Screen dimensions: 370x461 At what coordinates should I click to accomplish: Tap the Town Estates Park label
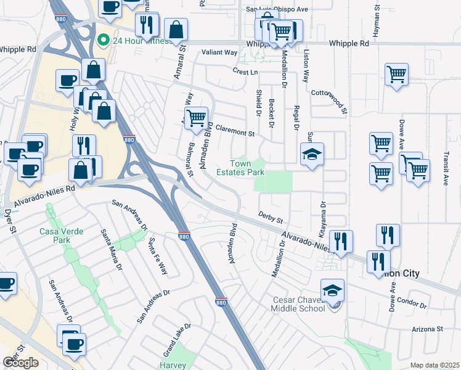[x=240, y=168]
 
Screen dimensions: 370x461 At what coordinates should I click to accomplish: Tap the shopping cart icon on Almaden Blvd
[x=196, y=117]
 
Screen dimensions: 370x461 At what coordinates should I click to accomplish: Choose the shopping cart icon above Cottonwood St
[x=396, y=74]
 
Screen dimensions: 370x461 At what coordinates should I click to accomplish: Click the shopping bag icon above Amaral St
[x=176, y=28]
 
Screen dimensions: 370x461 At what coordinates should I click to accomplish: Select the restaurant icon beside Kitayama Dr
[x=340, y=240]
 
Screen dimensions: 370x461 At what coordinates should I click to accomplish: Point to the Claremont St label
[x=234, y=133]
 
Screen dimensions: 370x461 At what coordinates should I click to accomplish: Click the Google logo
[x=21, y=363]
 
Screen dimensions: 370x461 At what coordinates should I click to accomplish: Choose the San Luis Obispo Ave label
[x=277, y=9]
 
